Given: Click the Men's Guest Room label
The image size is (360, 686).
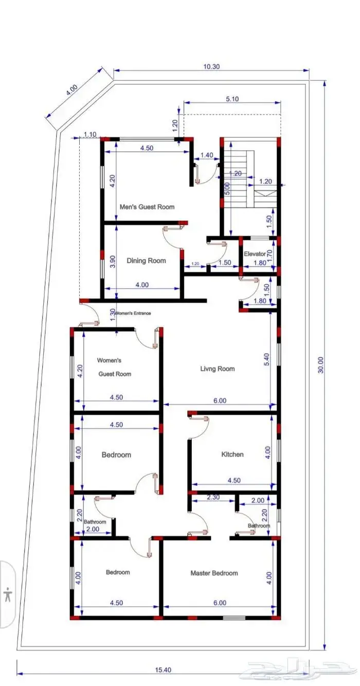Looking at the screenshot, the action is tap(147, 207).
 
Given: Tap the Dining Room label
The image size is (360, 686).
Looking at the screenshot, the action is tap(147, 260).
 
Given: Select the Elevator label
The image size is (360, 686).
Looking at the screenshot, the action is tap(255, 254).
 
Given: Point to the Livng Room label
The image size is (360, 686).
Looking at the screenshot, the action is tap(218, 369).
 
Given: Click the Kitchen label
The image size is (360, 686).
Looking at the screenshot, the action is tap(232, 454).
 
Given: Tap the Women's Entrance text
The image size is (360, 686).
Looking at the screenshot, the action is tap(133, 313).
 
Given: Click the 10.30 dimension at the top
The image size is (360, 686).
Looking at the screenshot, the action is tap(211, 67).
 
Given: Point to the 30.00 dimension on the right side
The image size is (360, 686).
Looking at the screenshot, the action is tap(320, 365).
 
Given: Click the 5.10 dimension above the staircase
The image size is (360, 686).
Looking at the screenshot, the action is tap(232, 99).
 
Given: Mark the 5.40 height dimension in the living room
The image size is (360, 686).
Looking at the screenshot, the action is tap(266, 360).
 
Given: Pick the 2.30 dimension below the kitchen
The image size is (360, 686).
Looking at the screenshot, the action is tap(213, 497).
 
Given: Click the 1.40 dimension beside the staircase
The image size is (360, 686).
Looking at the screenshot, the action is tap(207, 155).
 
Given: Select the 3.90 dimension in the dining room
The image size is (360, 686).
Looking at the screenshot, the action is tap(112, 261).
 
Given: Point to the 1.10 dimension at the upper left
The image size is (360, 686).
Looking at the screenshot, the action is tap(90, 134).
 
